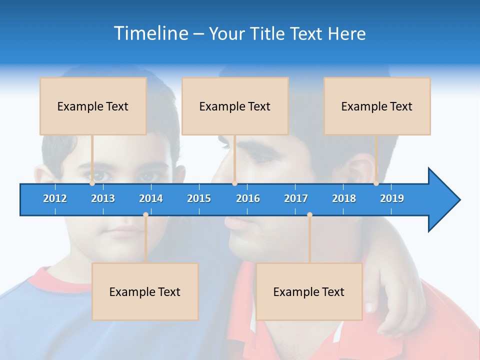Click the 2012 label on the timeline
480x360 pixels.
pyautogui.click(x=55, y=198)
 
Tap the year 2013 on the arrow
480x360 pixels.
pyautogui.click(x=103, y=198)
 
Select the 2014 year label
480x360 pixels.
pyautogui.click(x=151, y=198)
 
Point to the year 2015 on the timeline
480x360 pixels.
pyautogui.click(x=199, y=198)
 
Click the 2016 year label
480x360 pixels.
pyautogui.click(x=248, y=198)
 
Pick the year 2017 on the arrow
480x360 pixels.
pyautogui.click(x=296, y=198)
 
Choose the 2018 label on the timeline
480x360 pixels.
pyautogui.click(x=344, y=198)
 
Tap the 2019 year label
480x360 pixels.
pyautogui.click(x=392, y=198)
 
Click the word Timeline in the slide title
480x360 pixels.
pyautogui.click(x=150, y=33)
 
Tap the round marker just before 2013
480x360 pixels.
pyautogui.click(x=92, y=183)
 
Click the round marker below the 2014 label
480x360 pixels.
pyautogui.click(x=145, y=214)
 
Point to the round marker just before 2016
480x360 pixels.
pyautogui.click(x=234, y=183)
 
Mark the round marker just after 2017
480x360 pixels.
pyautogui.click(x=309, y=214)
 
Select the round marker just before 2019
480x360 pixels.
pyautogui.click(x=376, y=183)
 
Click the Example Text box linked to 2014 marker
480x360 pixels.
pyautogui.click(x=145, y=292)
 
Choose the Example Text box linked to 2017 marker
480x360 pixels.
pyautogui.click(x=309, y=292)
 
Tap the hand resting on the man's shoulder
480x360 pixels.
pyautogui.click(x=395, y=295)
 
